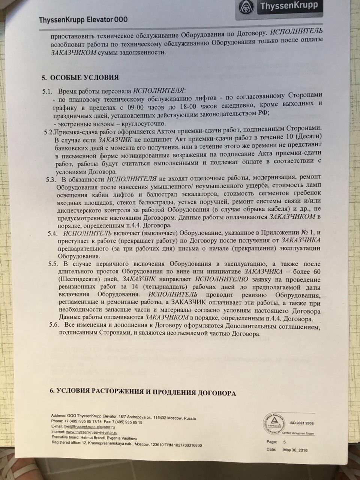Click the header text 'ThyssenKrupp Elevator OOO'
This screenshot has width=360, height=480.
(83, 20)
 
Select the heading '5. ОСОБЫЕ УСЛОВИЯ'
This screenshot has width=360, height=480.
(80, 78)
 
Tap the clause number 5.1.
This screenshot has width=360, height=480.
(49, 91)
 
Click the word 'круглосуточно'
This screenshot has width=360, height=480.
(145, 123)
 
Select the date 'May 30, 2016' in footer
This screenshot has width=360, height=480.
(295, 450)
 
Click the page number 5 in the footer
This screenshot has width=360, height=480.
(284, 442)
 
